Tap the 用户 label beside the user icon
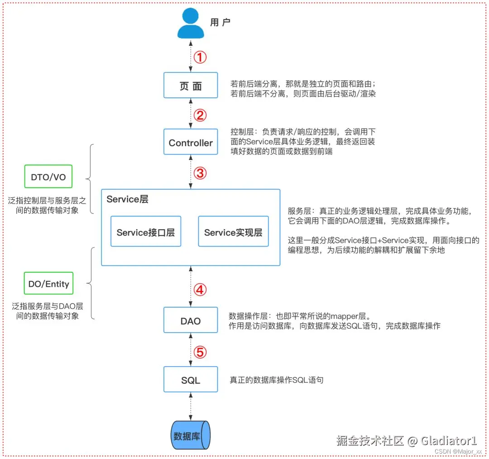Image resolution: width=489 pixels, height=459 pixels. (220, 23)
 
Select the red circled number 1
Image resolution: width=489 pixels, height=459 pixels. (200, 57)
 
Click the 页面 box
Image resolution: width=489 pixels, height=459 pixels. (191, 85)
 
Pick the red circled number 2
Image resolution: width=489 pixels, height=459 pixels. (200, 115)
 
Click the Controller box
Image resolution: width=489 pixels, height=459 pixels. (191, 142)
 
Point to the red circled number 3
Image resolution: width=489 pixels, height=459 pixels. (200, 173)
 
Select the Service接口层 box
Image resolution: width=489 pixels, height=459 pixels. (146, 232)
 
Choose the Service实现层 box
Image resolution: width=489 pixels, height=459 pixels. (233, 232)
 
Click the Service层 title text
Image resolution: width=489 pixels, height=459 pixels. (127, 199)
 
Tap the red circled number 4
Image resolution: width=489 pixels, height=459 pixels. (200, 290)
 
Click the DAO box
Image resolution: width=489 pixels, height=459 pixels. (191, 320)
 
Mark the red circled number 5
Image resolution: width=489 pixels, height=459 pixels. (200, 352)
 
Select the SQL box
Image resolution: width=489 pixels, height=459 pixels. (191, 379)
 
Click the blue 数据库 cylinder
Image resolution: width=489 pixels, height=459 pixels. (191, 435)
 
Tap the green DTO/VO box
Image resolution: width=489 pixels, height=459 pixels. (48, 177)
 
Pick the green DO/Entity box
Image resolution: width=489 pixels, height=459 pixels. (48, 283)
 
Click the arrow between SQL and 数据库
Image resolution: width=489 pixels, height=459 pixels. (191, 406)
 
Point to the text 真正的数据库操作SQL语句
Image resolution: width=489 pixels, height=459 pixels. (276, 380)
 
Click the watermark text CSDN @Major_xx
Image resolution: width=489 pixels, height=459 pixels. (458, 451)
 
